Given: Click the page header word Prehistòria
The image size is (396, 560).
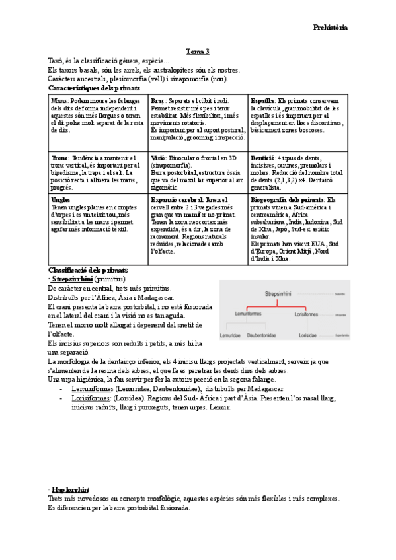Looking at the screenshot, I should pos(330,28).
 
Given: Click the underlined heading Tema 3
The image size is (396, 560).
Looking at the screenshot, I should pos(198,52).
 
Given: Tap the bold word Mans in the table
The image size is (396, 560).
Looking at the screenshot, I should pos(58,100).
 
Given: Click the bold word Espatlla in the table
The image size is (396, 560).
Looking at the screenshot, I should pos(262,100).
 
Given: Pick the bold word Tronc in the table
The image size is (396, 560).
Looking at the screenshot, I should pos(60,158).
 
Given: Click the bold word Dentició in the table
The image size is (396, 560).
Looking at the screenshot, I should pos(263,158).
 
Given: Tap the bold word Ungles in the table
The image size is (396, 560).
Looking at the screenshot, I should pos(61,199).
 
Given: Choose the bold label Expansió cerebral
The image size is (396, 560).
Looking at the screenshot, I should pos(177,199).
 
